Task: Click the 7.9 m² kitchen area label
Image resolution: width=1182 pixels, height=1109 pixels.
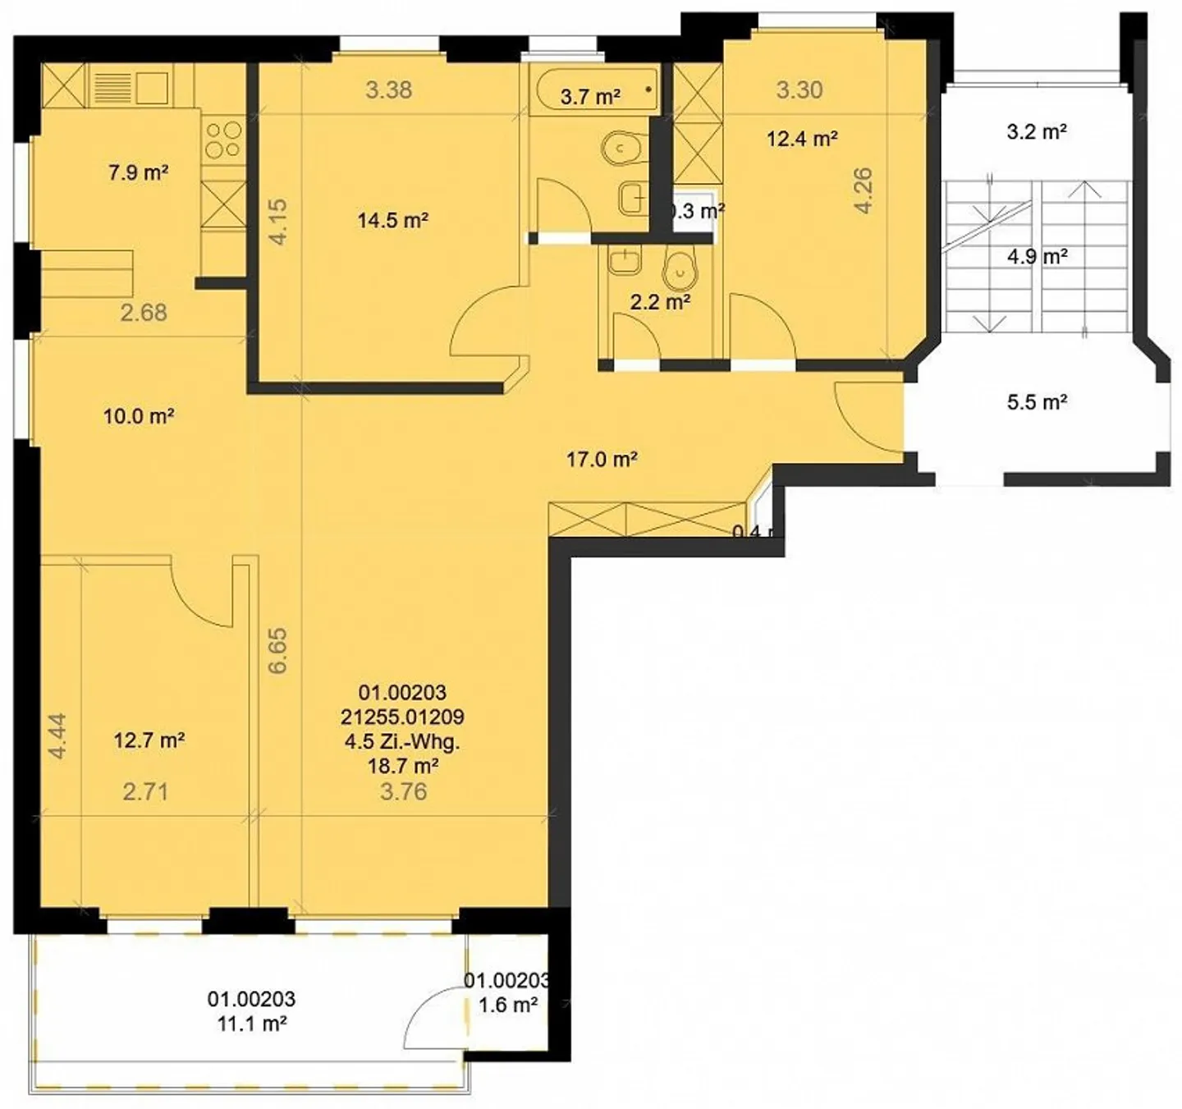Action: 138,173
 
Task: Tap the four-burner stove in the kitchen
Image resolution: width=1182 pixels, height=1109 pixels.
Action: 222,140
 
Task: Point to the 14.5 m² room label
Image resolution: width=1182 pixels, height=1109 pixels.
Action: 392,220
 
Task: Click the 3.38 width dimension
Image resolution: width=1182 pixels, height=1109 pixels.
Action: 388,89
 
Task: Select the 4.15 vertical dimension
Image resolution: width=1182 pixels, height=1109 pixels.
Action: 278,222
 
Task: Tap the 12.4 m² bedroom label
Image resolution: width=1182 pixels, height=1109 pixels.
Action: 801,139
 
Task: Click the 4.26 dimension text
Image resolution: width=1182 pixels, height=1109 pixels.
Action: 863,190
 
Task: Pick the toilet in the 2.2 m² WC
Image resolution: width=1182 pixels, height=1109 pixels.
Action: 679,266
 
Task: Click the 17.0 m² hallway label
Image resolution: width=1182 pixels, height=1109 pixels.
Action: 602,460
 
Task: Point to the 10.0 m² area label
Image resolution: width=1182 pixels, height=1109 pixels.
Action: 138,416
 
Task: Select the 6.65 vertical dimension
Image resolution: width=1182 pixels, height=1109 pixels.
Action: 278,651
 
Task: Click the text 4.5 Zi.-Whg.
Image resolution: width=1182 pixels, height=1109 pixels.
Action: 402,741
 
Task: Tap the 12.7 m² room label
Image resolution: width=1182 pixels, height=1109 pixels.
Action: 149,740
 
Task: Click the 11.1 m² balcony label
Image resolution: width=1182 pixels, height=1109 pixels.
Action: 251,1024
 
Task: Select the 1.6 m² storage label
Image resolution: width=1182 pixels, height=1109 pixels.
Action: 508,1005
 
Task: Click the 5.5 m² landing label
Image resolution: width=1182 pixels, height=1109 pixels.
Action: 1037,402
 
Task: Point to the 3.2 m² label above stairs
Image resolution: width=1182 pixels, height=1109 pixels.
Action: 1036,131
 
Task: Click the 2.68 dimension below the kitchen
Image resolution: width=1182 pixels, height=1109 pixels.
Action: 144,312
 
